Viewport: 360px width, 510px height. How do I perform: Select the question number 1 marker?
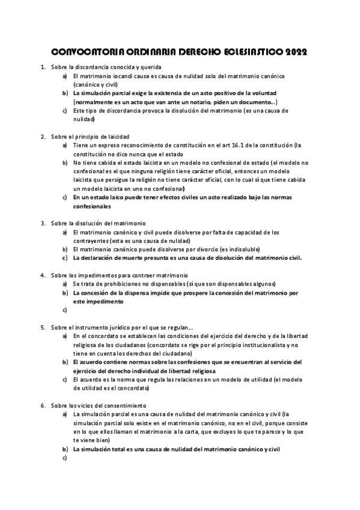click(x=43, y=67)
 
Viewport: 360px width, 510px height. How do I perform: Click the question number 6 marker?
click(x=43, y=405)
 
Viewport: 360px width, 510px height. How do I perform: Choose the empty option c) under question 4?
click(x=64, y=310)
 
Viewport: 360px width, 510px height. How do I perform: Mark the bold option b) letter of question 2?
click(x=64, y=162)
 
